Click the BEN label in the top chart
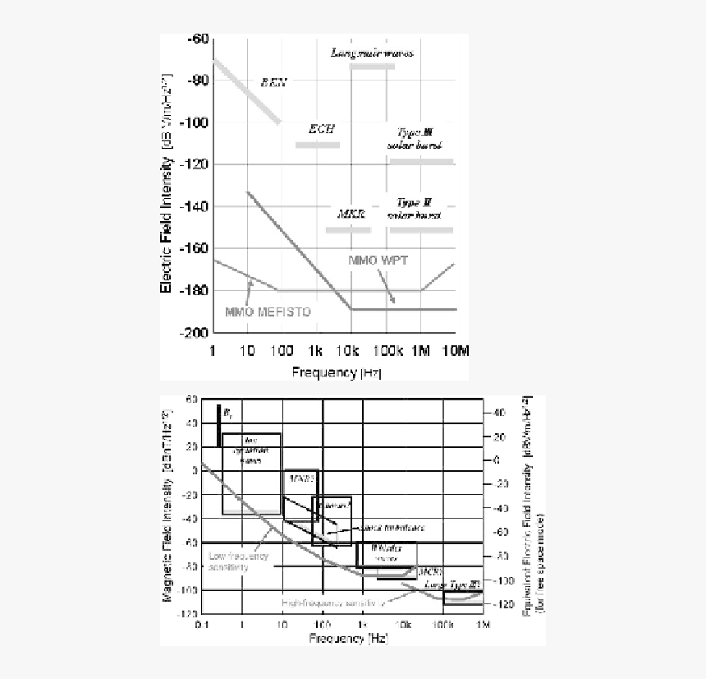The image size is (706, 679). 274,81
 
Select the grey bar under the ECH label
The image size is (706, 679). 317,145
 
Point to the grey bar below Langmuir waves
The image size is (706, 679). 372,65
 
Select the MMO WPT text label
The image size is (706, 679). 378,260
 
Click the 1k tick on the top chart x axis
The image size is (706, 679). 316,351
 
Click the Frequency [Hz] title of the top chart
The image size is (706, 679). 337,372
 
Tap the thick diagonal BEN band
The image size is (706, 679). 246,91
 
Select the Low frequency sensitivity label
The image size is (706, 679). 238,561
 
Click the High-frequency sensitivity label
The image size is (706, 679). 332,603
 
